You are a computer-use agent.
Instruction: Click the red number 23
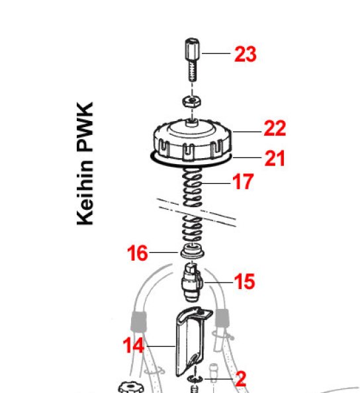[246, 54]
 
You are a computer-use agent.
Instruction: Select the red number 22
[275, 128]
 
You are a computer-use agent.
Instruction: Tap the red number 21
[275, 158]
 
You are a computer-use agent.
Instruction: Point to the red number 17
[243, 181]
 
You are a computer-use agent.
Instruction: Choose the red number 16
[138, 253]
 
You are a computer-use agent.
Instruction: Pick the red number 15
[244, 281]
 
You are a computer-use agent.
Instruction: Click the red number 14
[134, 345]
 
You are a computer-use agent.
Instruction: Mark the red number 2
[241, 379]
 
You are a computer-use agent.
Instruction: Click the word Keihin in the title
[85, 193]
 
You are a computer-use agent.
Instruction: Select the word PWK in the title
[85, 127]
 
